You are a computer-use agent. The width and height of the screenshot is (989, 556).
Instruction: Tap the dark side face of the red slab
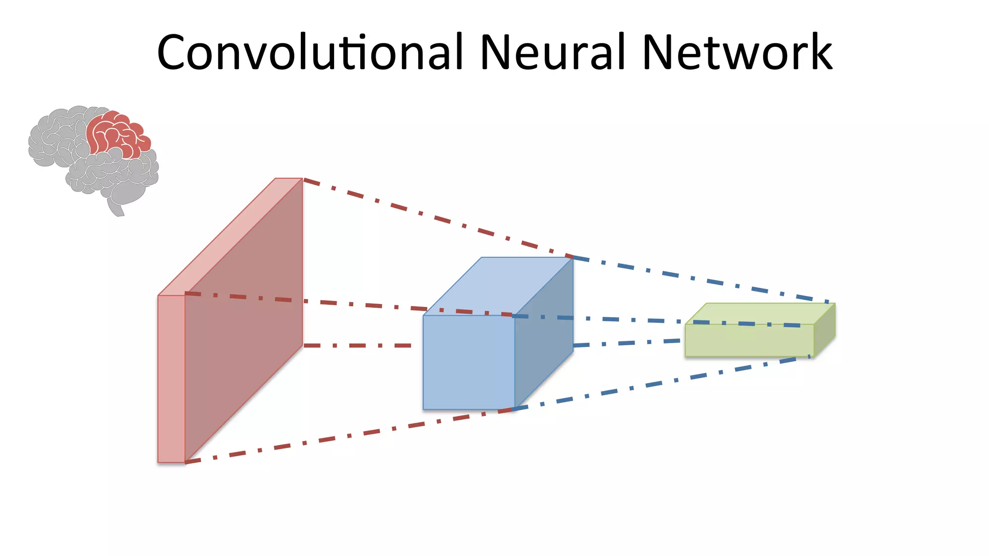pos(244,319)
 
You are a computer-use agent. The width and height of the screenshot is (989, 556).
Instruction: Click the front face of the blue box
pos(468,362)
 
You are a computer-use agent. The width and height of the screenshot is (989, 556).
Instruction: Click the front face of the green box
pos(749,341)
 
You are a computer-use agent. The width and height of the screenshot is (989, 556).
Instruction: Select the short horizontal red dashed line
pos(357,346)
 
